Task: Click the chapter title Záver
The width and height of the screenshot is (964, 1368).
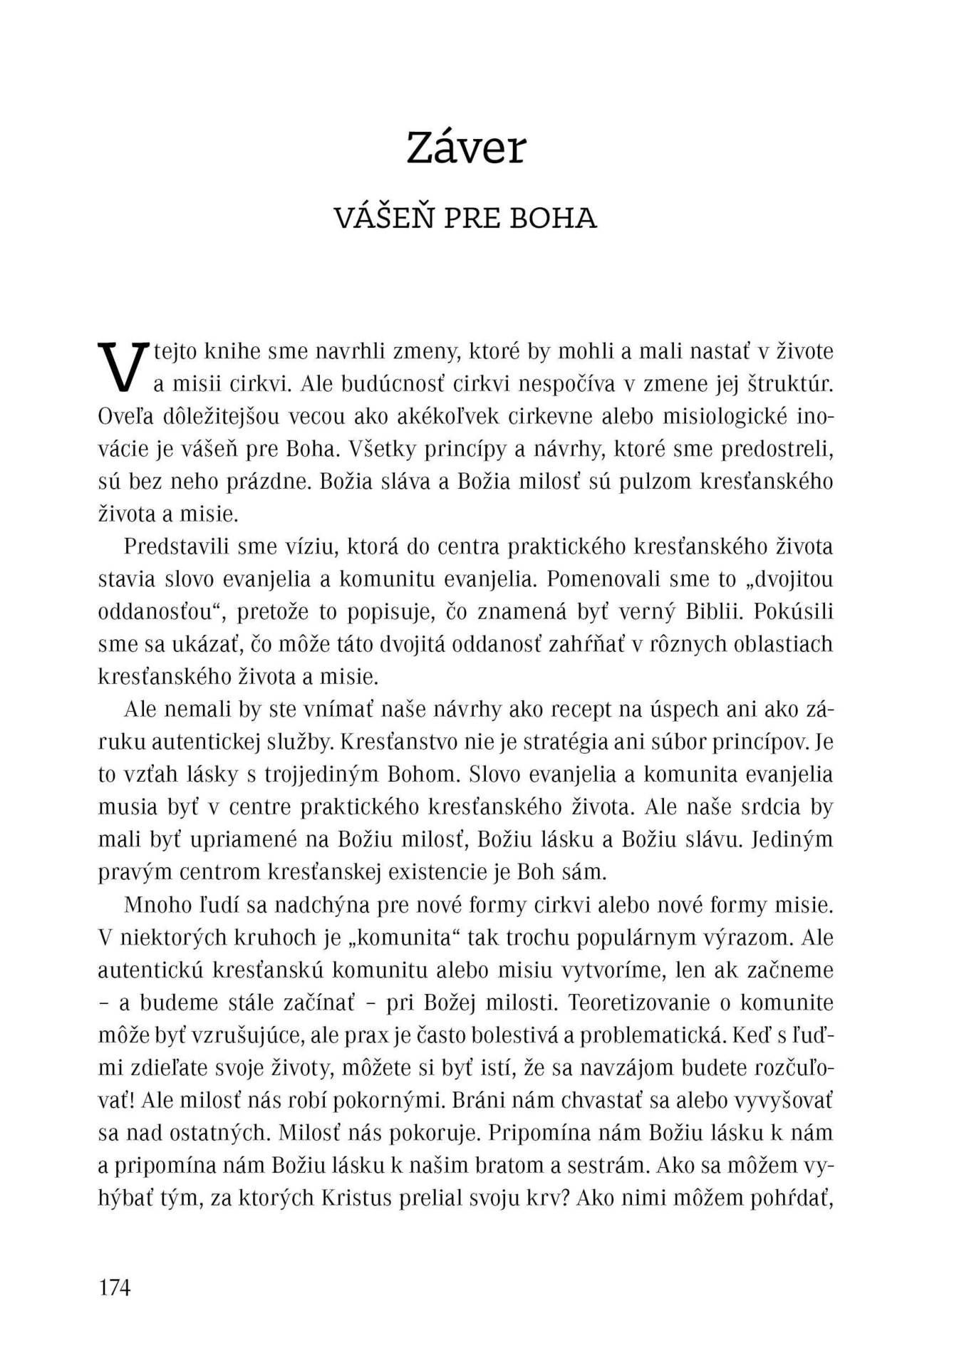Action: tap(465, 148)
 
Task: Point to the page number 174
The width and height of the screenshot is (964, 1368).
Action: tap(115, 1287)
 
